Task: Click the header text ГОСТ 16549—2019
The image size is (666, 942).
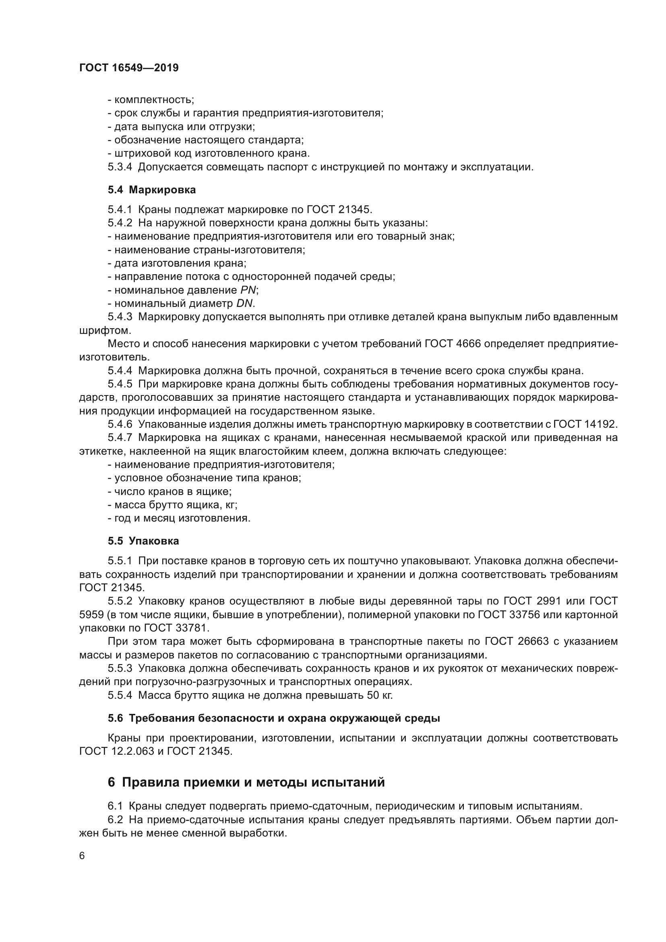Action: [129, 68]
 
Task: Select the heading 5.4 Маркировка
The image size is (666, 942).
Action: [152, 190]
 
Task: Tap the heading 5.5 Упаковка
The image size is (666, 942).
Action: [143, 541]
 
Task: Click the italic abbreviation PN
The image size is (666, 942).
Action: [248, 290]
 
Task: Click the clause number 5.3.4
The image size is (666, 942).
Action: [120, 167]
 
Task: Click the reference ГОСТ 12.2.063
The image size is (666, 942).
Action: [117, 751]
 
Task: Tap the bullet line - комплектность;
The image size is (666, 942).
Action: [151, 100]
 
